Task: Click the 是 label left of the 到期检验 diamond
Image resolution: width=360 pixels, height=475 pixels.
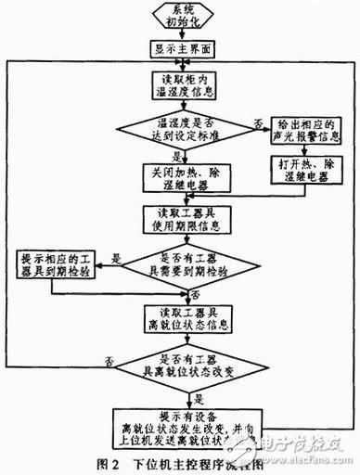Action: [116, 261]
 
